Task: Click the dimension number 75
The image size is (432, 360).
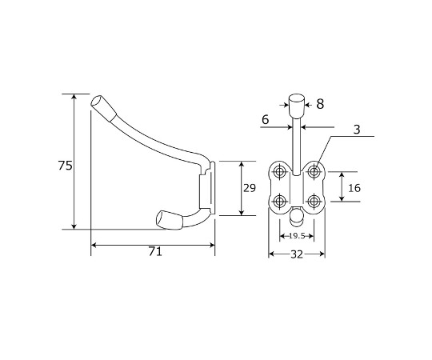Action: (x=66, y=166)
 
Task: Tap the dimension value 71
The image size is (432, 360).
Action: (x=155, y=251)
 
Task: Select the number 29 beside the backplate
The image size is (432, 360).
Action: (x=250, y=188)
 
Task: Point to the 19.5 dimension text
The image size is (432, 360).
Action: (x=297, y=236)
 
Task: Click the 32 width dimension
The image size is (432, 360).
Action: (x=297, y=254)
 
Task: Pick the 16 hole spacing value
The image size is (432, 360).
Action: (x=354, y=188)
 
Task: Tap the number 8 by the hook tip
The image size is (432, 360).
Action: (x=320, y=104)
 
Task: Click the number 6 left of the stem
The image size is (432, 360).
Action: (x=265, y=119)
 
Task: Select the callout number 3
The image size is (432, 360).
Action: (x=357, y=129)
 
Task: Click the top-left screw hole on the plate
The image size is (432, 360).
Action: (x=281, y=171)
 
